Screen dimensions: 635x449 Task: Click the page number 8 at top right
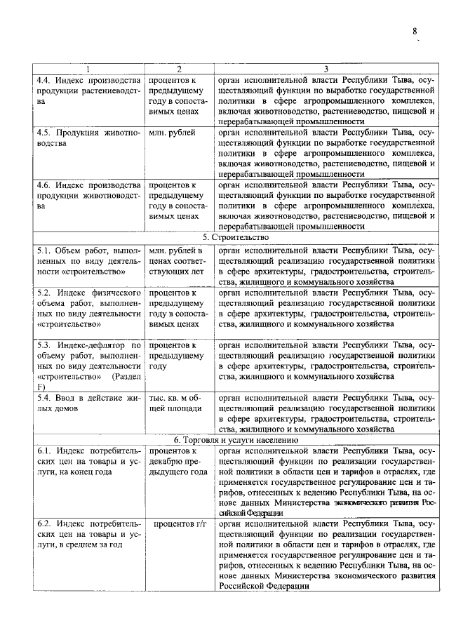(x=415, y=31)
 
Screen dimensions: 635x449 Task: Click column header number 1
(x=88, y=69)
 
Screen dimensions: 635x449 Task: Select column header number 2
(x=179, y=69)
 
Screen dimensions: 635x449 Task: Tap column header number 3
(x=326, y=69)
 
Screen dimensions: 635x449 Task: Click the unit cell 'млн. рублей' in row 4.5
(x=173, y=131)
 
